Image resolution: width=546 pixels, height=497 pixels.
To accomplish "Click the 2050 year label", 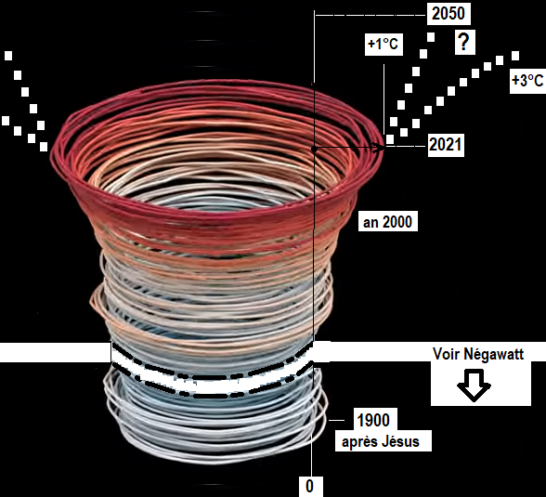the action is (448, 14).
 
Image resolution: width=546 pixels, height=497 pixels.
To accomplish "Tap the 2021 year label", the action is (446, 145).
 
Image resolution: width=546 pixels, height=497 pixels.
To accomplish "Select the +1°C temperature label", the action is (383, 45).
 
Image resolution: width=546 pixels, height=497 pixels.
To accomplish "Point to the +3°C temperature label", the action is (527, 81).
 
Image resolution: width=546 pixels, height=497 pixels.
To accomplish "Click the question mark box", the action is (465, 42).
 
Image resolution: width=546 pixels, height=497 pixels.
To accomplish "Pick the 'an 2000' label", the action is (387, 222).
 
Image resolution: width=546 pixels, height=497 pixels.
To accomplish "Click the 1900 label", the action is (373, 421).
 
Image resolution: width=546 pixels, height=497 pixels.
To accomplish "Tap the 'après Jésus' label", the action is (382, 441).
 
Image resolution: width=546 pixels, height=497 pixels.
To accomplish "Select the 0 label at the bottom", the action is (309, 486).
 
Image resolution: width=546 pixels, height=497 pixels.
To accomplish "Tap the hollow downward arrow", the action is (474, 385).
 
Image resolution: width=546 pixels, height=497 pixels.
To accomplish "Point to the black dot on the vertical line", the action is (314, 149).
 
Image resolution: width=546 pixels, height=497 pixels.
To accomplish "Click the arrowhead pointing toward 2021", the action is (379, 148).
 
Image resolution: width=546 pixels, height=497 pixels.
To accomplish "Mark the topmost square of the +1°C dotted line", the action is (431, 37).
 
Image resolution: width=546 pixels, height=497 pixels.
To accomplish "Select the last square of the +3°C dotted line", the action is (515, 56).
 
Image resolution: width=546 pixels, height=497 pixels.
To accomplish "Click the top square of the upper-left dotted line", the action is (8, 56).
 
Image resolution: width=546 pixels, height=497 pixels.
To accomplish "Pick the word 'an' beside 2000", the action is (370, 223).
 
